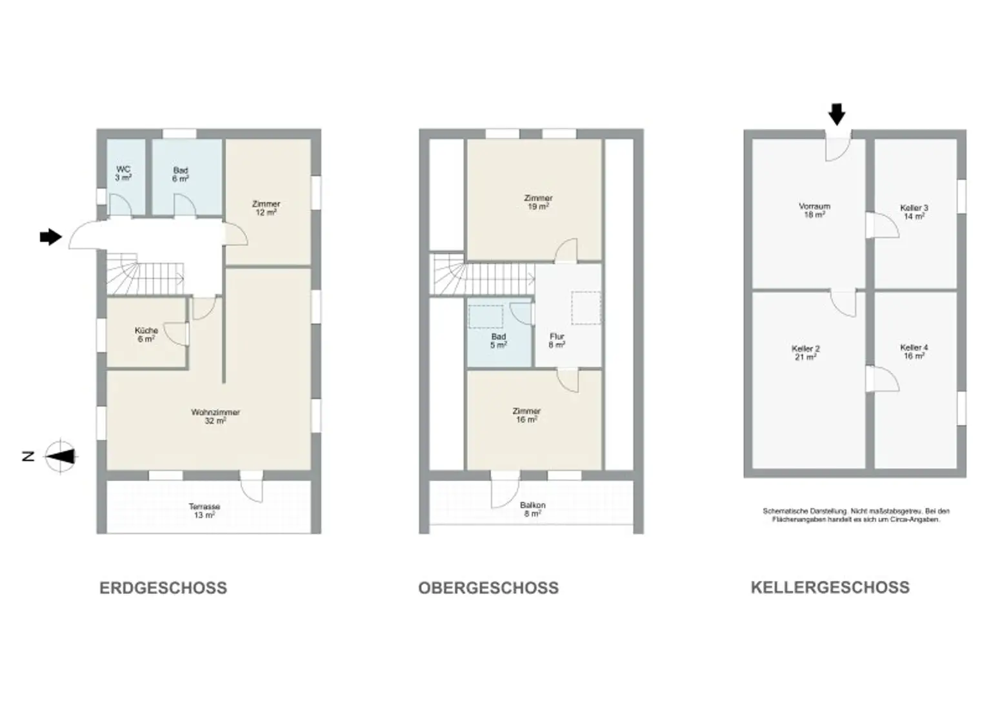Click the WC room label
pos(123,173)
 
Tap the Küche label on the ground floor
pos(146,334)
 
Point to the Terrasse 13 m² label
pos(205,511)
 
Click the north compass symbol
pos(59,457)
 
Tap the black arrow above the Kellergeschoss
pos(837,114)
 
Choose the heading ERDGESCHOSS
pos(163,588)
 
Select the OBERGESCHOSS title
pos(488,588)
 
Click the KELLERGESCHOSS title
pos(830,587)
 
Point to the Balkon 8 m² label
pos(533,509)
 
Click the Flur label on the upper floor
pos(557,341)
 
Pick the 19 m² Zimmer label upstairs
pos(538,202)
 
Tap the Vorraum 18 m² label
pos(814,210)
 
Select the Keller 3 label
pos(914,212)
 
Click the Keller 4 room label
pos(914,351)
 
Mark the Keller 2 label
pos(806,353)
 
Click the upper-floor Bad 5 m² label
pos(499,341)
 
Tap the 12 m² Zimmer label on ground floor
pos(266,208)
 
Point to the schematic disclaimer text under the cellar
pos(856,515)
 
